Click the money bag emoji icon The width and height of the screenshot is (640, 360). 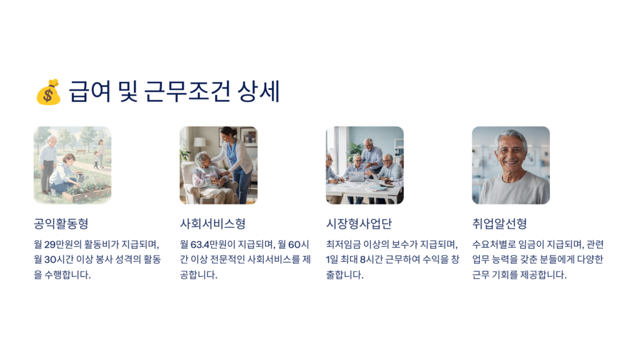(49, 92)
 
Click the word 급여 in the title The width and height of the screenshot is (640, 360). (90, 91)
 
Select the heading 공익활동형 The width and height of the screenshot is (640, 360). (61, 224)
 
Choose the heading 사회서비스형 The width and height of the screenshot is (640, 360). (212, 224)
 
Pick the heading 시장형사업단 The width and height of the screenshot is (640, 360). (359, 224)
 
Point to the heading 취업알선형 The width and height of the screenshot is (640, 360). (499, 224)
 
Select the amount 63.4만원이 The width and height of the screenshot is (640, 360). (213, 244)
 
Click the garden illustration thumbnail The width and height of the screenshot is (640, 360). (72, 165)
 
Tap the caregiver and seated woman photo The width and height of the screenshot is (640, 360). (219, 165)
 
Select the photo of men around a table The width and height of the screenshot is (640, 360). (365, 165)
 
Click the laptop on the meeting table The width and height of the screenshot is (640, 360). (356, 177)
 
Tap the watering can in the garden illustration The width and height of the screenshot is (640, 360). (81, 177)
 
